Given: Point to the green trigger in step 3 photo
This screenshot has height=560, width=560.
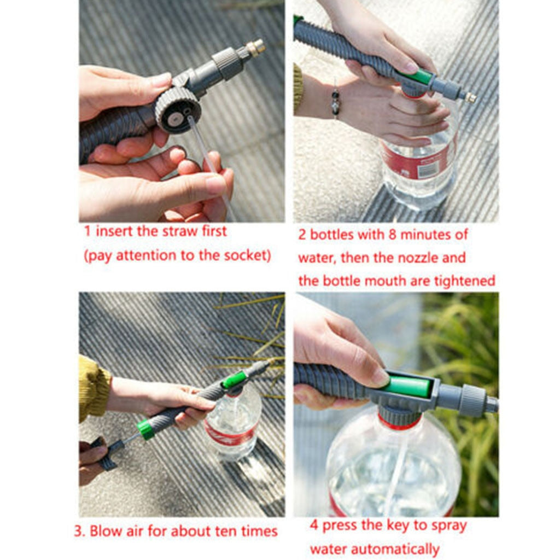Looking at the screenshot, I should (234, 379).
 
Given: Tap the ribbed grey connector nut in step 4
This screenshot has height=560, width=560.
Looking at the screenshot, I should (471, 401).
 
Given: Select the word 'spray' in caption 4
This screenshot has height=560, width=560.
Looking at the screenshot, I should (447, 526).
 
